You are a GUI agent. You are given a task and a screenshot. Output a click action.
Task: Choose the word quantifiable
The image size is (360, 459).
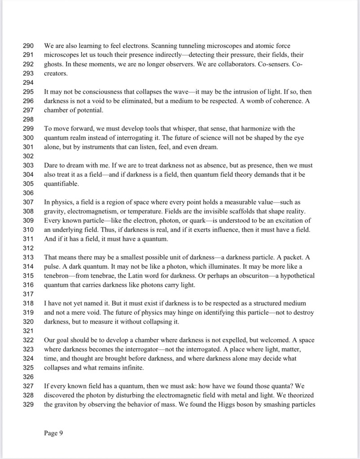[x=61, y=184]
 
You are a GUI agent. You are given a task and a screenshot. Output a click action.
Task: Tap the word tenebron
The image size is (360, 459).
[x=57, y=275]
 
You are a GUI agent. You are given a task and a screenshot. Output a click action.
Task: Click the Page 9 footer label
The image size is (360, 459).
[x=53, y=433]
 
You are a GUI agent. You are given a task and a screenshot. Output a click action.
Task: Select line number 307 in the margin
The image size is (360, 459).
[x=28, y=202]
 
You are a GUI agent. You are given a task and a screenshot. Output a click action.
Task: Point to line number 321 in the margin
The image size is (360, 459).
[x=28, y=331]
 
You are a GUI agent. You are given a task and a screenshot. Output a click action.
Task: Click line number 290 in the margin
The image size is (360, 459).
[x=28, y=46]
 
